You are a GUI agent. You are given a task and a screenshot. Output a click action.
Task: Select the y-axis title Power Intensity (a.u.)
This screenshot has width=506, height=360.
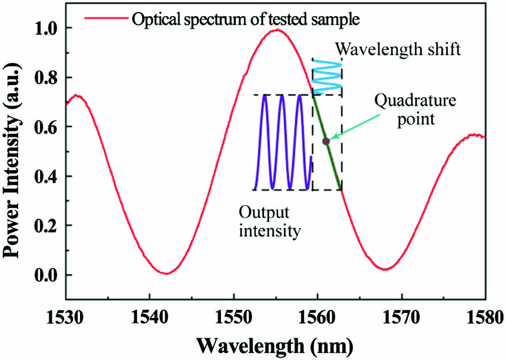click(x=14, y=152)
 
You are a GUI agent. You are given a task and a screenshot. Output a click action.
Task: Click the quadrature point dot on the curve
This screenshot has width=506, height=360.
click(x=326, y=141)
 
